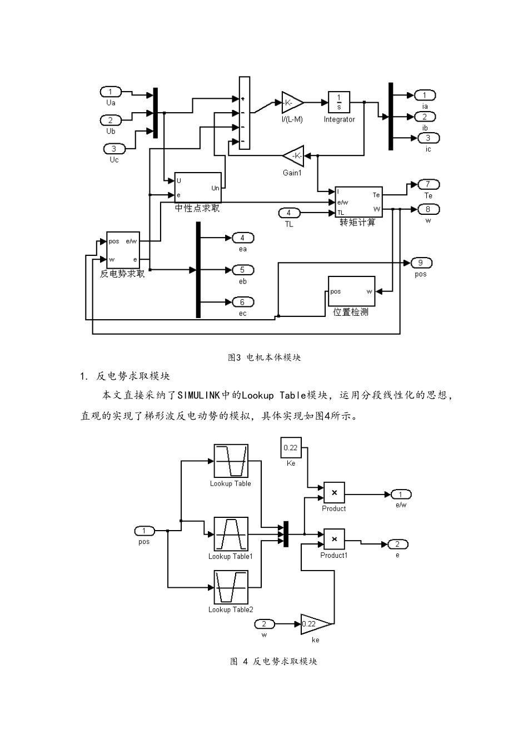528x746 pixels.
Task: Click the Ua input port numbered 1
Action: (111, 92)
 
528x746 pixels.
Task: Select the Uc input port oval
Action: (114, 149)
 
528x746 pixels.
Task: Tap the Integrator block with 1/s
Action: (339, 102)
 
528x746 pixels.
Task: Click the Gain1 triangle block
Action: (293, 156)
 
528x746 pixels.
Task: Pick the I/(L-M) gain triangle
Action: (292, 103)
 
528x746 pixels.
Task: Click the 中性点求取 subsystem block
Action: (198, 188)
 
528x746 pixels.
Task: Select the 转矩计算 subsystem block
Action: (358, 202)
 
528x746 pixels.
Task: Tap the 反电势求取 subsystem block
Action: (123, 250)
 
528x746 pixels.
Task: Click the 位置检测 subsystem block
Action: (351, 291)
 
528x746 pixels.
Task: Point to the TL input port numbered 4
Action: (289, 213)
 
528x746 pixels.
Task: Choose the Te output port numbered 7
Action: (428, 185)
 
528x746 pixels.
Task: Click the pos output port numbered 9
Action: (421, 263)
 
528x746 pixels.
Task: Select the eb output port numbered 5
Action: (242, 270)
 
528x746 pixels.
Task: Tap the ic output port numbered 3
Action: (428, 138)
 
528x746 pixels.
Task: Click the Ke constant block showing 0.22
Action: (290, 447)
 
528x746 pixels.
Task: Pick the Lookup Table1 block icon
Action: (231, 534)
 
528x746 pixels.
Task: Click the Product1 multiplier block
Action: (334, 539)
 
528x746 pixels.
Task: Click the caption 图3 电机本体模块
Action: (265, 357)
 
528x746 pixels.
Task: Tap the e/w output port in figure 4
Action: (401, 495)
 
